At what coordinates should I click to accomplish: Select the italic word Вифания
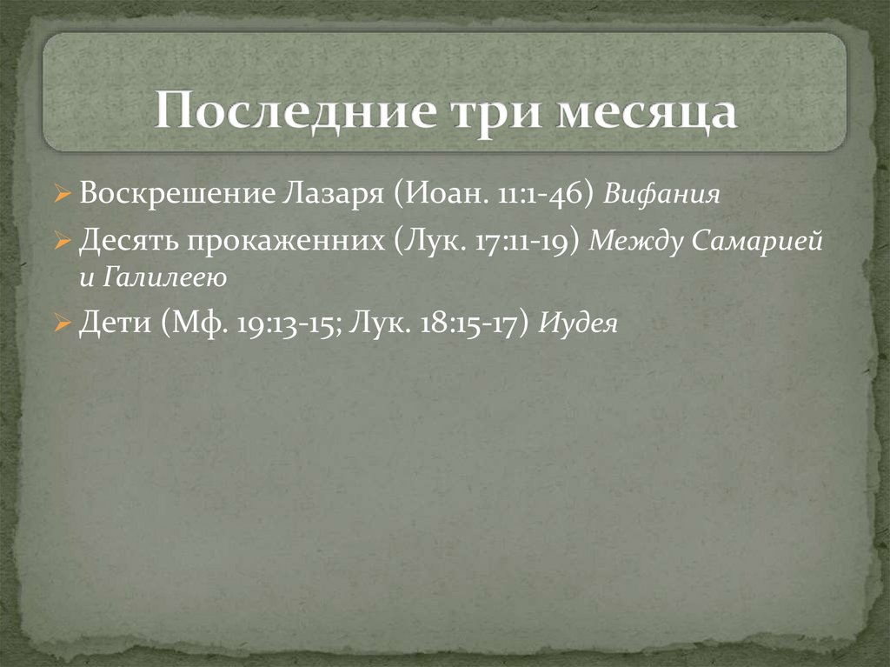click(x=662, y=194)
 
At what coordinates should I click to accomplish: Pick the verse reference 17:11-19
click(x=527, y=241)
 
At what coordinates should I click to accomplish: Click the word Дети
click(x=109, y=324)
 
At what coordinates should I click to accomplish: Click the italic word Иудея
click(x=579, y=325)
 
